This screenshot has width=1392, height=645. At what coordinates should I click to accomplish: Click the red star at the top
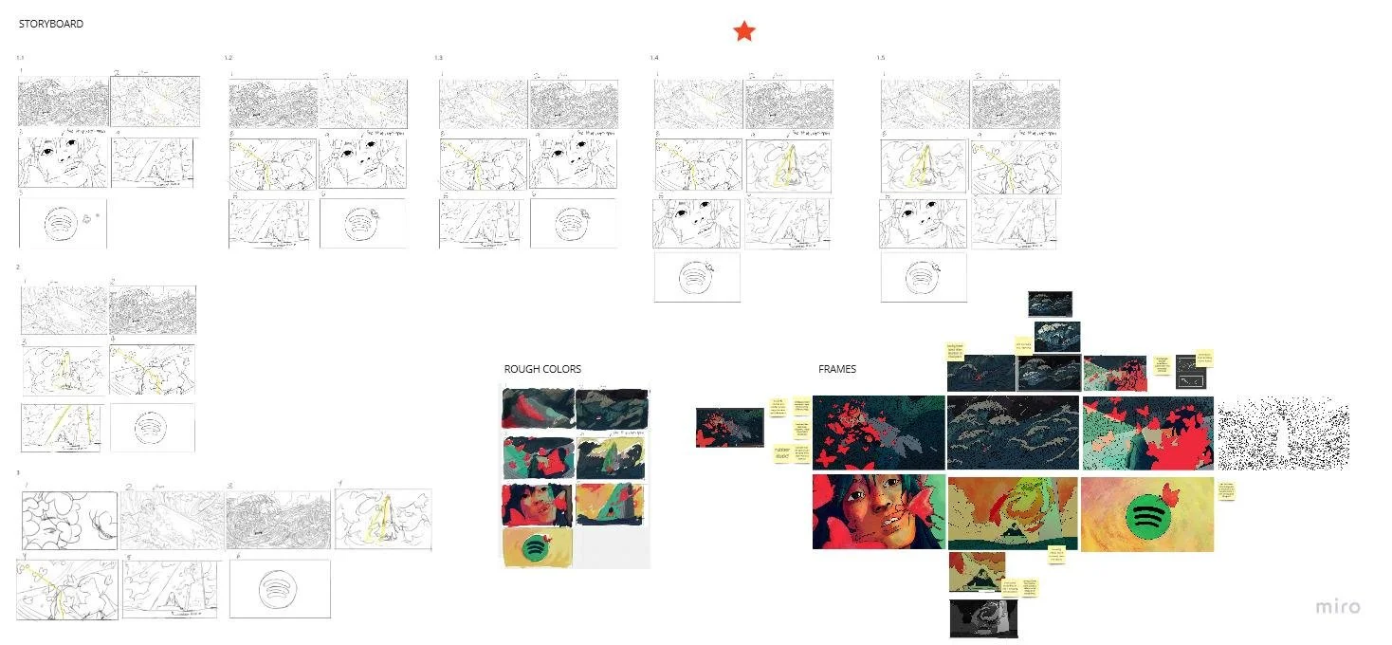pyautogui.click(x=744, y=32)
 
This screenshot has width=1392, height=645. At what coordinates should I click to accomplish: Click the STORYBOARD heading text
pyautogui.click(x=51, y=24)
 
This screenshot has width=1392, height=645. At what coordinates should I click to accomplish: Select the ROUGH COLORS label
pyautogui.click(x=542, y=369)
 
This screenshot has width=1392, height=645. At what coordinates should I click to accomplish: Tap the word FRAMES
pyautogui.click(x=837, y=369)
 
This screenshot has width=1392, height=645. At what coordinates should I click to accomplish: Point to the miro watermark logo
pyautogui.click(x=1337, y=607)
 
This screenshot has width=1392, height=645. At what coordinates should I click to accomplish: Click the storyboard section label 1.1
pyautogui.click(x=20, y=59)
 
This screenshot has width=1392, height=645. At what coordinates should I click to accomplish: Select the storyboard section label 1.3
pyautogui.click(x=438, y=59)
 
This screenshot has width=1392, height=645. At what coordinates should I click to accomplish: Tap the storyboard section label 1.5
pyautogui.click(x=881, y=59)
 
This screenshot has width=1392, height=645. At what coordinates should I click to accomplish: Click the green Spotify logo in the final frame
pyautogui.click(x=1147, y=517)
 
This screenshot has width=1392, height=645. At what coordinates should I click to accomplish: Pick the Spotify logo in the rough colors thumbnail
pyautogui.click(x=535, y=548)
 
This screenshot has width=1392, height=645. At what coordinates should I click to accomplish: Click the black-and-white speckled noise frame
pyautogui.click(x=1282, y=433)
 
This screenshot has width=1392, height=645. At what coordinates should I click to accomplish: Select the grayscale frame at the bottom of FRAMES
pyautogui.click(x=983, y=618)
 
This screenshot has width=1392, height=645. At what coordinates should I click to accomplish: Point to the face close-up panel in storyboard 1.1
pyautogui.click(x=64, y=162)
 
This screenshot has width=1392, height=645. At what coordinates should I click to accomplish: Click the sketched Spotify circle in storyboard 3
pyautogui.click(x=279, y=589)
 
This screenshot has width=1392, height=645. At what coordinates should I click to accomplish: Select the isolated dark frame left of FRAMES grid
pyautogui.click(x=729, y=427)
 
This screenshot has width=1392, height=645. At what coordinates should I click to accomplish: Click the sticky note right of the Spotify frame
pyautogui.click(x=1228, y=491)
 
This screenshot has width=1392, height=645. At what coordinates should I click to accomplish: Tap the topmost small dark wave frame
pyautogui.click(x=1050, y=304)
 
